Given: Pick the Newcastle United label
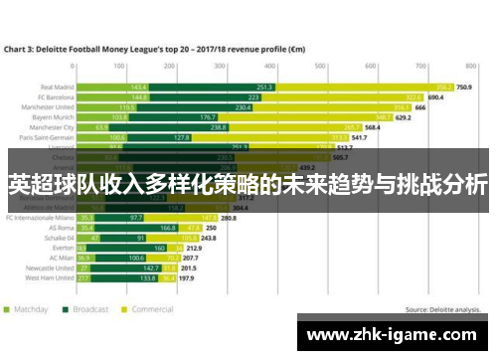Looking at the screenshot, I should tap(51, 267).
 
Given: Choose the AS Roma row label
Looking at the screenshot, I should tap(61, 226).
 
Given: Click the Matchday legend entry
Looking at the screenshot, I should tap(30, 309).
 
